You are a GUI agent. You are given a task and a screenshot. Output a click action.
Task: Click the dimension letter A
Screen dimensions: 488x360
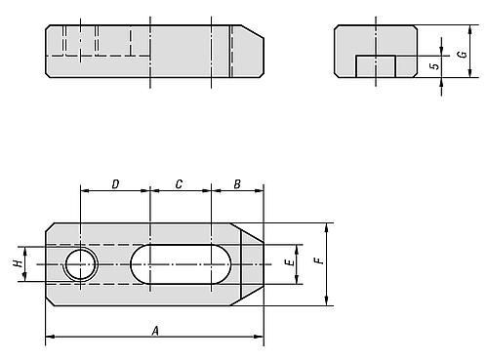(155, 331)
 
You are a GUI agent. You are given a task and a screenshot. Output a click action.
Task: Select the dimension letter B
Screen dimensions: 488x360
(237, 184)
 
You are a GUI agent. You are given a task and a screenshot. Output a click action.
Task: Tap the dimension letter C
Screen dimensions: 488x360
(179, 184)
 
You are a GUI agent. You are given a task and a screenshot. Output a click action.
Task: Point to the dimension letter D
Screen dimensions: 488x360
(115, 184)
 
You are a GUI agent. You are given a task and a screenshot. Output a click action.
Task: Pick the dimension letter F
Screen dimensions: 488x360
(319, 260)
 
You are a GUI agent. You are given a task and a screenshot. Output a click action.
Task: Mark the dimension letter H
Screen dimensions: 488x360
(19, 263)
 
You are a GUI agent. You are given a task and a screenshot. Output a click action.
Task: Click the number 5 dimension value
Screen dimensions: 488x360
(434, 66)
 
